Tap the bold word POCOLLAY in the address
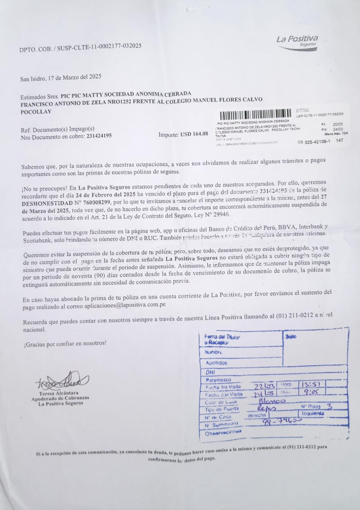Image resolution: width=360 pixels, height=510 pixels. pos(35,112)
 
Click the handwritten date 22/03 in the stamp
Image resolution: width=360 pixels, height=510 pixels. pos(265,386)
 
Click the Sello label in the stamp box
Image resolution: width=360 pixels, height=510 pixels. pos(291,336)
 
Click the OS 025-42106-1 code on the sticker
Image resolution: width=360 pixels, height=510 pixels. pos(314,141)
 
